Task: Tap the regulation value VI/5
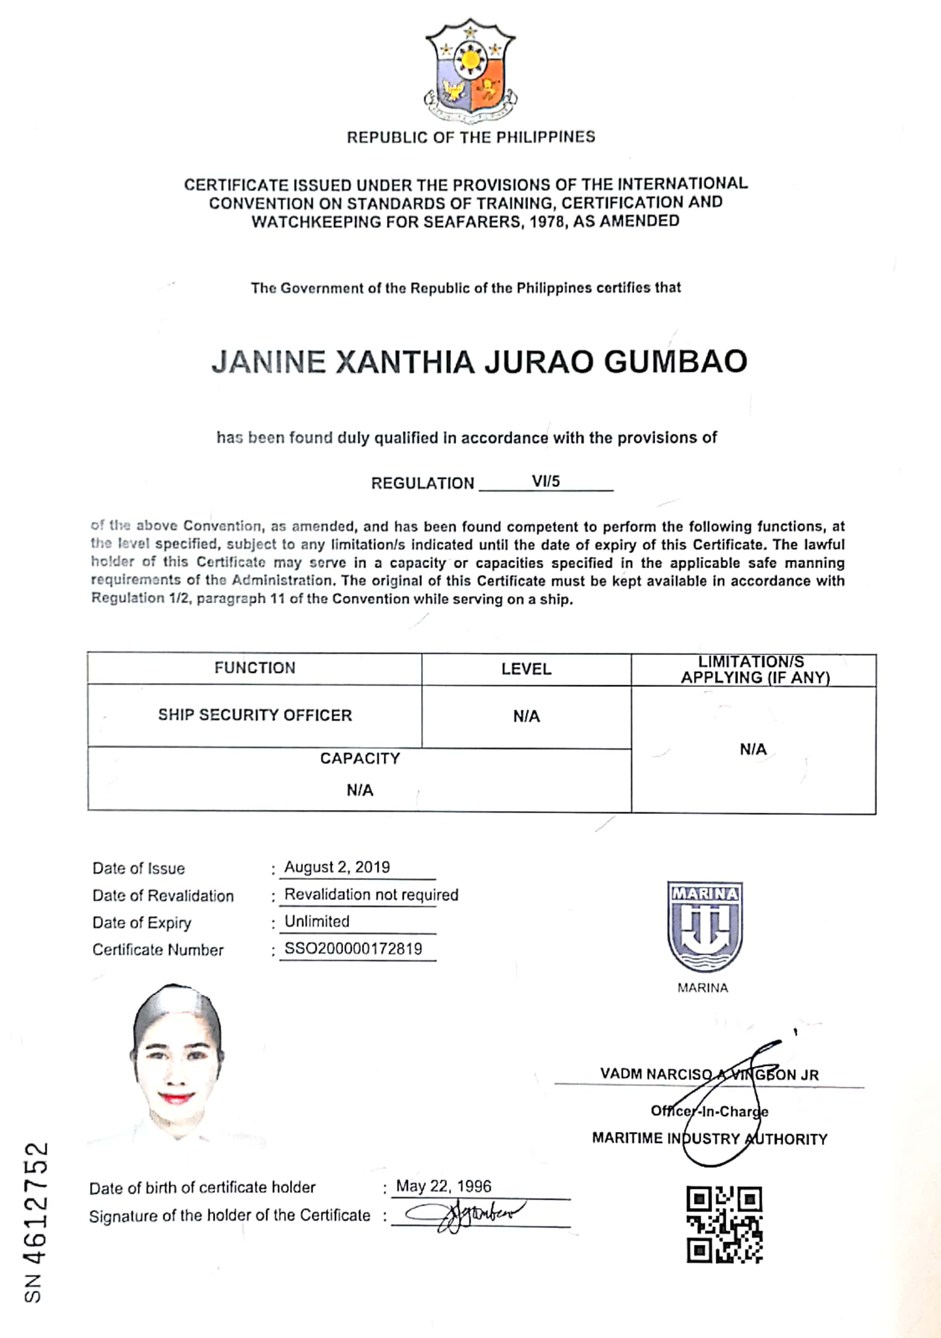[545, 481]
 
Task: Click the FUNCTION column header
[255, 668]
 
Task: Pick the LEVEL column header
[526, 669]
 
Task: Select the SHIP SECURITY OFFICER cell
[255, 715]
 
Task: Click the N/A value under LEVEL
[526, 716]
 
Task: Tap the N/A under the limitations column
[753, 749]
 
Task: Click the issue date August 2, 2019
[337, 867]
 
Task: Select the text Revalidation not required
[371, 895]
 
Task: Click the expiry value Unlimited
[317, 921]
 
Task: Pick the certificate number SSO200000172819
[353, 949]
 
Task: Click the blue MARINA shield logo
[705, 926]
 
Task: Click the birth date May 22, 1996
[443, 1186]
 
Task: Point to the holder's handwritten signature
[466, 1214]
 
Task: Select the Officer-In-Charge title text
[709, 1111]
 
